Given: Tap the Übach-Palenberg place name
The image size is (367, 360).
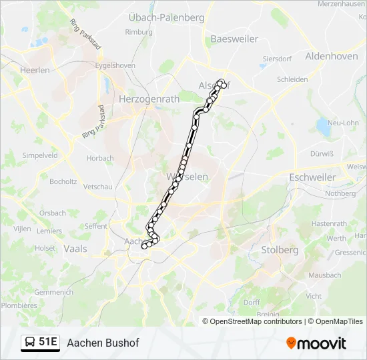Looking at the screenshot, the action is (x=166, y=17).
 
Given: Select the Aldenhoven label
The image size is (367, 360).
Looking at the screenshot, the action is (x=331, y=57).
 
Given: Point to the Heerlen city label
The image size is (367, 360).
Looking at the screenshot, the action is (x=35, y=69).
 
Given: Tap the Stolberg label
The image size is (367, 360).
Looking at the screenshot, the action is (x=280, y=250).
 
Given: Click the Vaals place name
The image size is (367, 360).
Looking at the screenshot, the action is (x=75, y=249).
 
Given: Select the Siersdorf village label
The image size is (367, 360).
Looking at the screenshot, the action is (x=277, y=58).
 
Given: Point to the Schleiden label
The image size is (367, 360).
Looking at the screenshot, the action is (x=292, y=79).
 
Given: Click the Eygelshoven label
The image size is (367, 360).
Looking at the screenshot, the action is (x=115, y=65).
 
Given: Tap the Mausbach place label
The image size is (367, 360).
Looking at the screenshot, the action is (x=324, y=275).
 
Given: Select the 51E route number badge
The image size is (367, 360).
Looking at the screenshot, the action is (x=48, y=343).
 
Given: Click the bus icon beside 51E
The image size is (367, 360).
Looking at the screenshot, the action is (x=30, y=343).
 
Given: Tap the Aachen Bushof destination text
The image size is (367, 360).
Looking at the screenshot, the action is (x=103, y=343).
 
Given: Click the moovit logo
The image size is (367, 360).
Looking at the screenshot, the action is (x=316, y=343).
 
